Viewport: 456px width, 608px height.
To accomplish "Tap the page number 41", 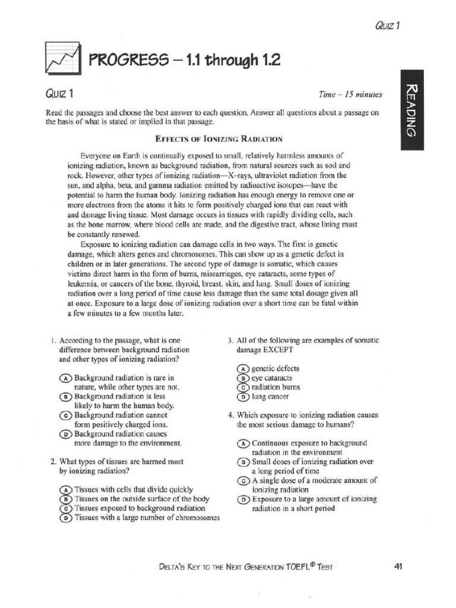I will [x=398, y=566].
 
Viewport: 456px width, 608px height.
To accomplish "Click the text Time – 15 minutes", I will [x=350, y=94].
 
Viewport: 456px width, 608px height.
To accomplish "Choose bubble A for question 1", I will [x=66, y=378].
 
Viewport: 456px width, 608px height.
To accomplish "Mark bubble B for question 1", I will [x=66, y=396].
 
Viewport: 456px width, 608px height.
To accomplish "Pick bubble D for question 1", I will [x=66, y=434].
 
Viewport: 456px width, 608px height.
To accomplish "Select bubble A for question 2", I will [x=66, y=490].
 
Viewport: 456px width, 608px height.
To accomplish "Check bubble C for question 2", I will [x=66, y=509].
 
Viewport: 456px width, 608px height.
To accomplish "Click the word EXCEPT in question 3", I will [x=286, y=350].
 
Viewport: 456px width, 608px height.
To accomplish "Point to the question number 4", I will [x=230, y=415].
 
